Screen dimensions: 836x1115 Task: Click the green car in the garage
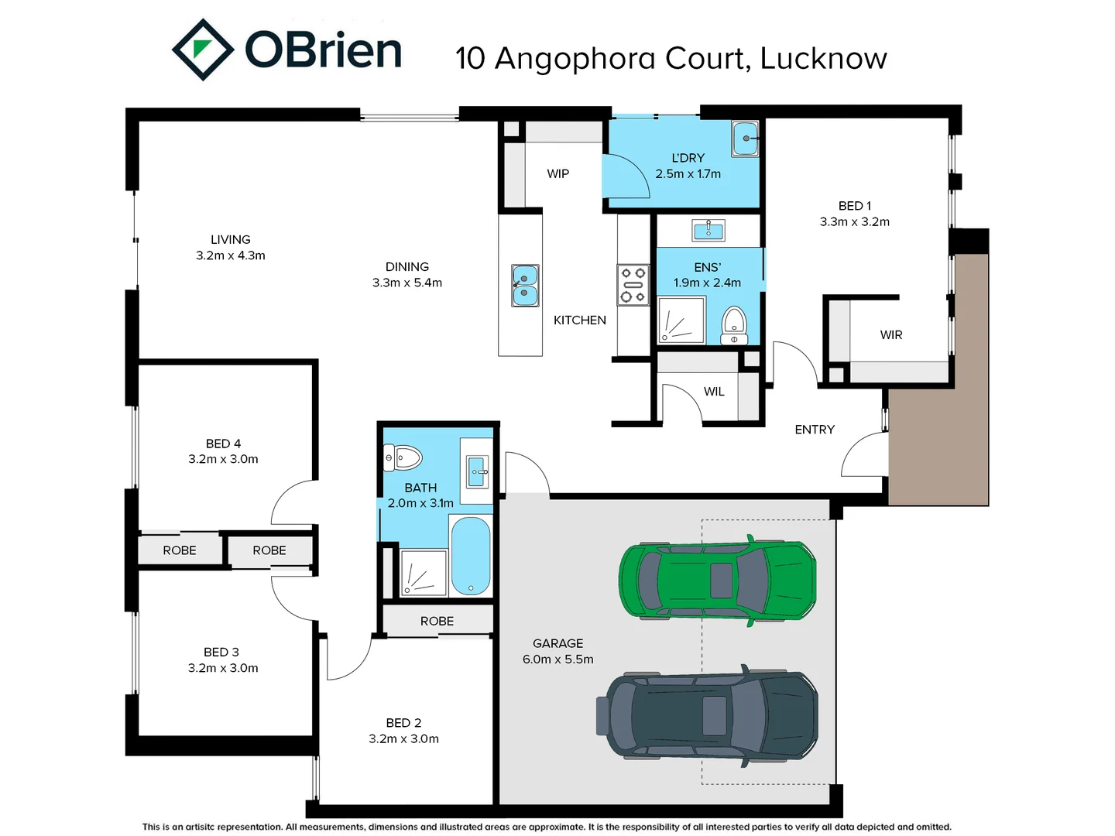pyautogui.click(x=717, y=580)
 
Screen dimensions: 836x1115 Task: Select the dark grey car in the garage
pyautogui.click(x=707, y=716)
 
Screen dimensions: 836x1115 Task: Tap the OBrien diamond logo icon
pyautogui.click(x=202, y=50)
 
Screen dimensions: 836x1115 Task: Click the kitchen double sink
pyautogui.click(x=524, y=286)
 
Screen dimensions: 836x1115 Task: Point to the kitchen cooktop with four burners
pyautogui.click(x=633, y=285)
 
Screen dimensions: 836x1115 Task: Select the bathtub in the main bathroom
pyautogui.click(x=471, y=556)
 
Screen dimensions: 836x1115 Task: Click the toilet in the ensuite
pyautogui.click(x=733, y=325)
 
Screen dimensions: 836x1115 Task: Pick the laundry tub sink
pyautogui.click(x=745, y=139)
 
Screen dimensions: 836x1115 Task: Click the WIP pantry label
pyautogui.click(x=557, y=174)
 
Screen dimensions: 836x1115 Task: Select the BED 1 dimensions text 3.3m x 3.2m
pyautogui.click(x=854, y=222)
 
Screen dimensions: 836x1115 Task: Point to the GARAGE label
pyautogui.click(x=557, y=643)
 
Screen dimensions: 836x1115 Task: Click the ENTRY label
pyautogui.click(x=815, y=430)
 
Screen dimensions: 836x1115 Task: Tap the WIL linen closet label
pyautogui.click(x=714, y=392)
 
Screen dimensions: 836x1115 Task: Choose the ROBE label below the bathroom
pyautogui.click(x=437, y=621)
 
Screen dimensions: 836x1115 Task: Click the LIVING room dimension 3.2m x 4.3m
pyautogui.click(x=230, y=255)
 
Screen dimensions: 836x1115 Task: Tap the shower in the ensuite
pyautogui.click(x=681, y=320)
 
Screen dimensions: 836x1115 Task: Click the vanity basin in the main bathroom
pyautogui.click(x=477, y=471)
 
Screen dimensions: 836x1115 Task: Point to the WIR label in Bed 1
pyautogui.click(x=890, y=335)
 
